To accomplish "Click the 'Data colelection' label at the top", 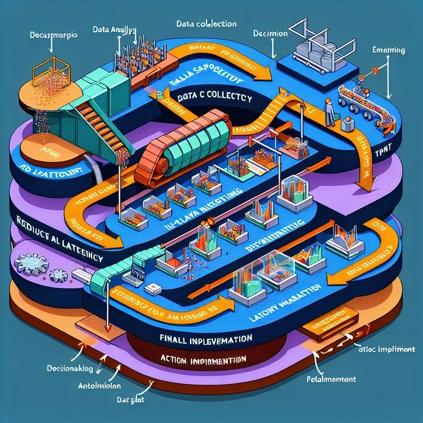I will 206,24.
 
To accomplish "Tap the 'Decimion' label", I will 271,33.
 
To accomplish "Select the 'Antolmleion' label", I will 100,386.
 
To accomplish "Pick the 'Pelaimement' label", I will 331,379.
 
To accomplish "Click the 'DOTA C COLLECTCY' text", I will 211,98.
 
